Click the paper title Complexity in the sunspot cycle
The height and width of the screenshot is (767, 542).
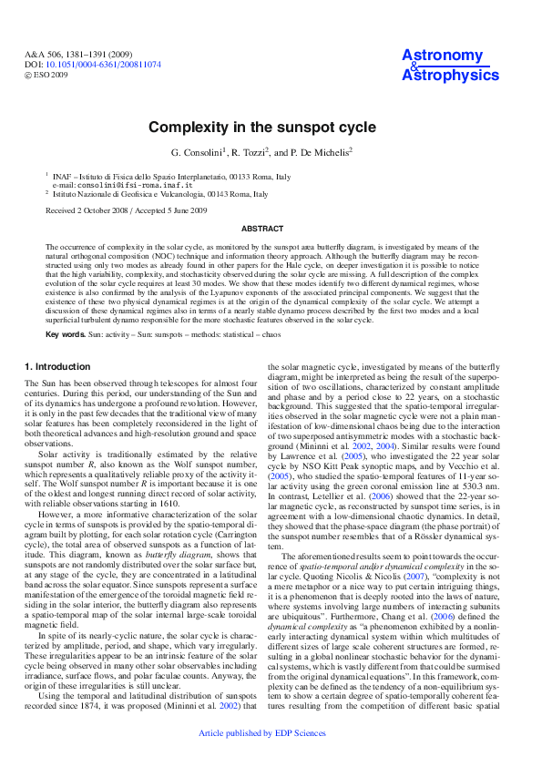coord(271,127)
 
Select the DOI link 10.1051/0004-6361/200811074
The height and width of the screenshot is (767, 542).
coord(103,65)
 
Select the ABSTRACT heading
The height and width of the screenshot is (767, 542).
coord(271,228)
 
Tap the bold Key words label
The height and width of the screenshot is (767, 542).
coord(65,334)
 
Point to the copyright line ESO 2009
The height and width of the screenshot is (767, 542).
coord(49,75)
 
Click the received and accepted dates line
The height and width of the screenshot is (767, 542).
coord(127,210)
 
